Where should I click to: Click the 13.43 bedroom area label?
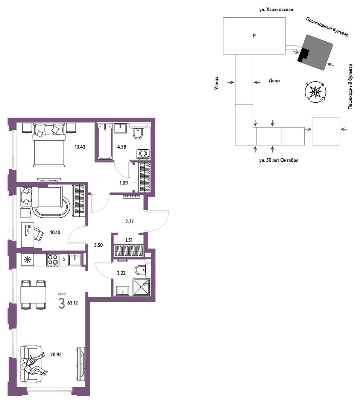(x=80, y=147)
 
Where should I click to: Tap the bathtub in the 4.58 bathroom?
(x=105, y=142)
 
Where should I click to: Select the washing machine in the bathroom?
(x=143, y=154)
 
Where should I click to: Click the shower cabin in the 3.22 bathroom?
(x=141, y=287)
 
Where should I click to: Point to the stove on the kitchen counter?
(x=53, y=260)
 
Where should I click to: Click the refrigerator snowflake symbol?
(x=27, y=260)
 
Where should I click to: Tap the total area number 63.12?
(x=73, y=303)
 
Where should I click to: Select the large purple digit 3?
(x=62, y=304)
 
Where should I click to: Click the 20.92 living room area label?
(x=56, y=354)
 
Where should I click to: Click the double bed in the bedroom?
(x=49, y=145)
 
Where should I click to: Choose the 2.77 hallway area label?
(x=129, y=221)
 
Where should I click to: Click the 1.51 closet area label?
(x=129, y=240)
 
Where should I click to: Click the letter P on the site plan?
(x=254, y=35)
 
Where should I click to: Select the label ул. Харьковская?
(x=276, y=9)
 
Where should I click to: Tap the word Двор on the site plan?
(x=274, y=81)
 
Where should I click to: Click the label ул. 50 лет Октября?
(x=279, y=160)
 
